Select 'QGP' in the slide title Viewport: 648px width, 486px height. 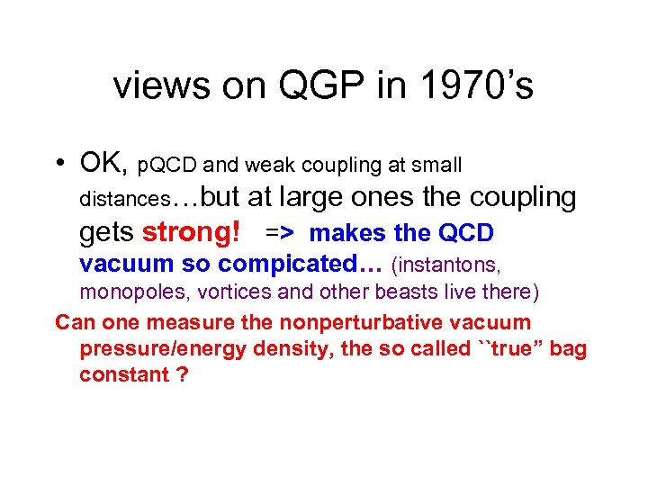(306, 86)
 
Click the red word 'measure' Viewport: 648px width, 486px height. (185, 322)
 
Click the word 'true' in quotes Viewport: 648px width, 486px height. (500, 348)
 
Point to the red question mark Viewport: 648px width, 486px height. (183, 374)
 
